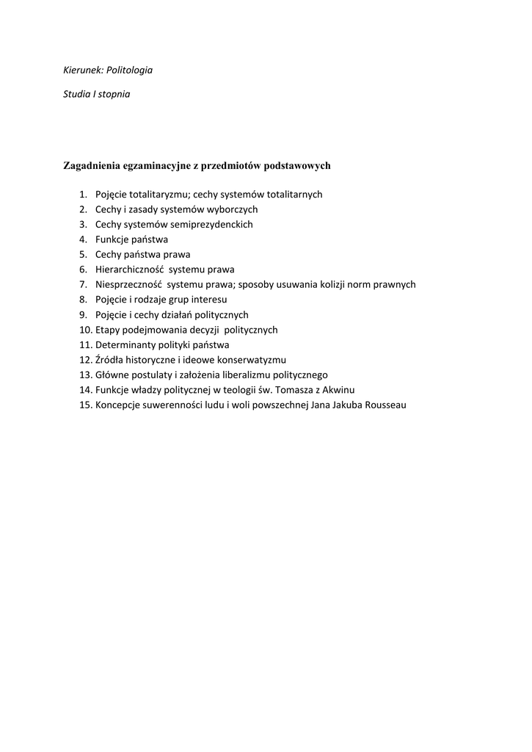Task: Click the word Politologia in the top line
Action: [129, 70]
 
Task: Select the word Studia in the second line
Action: [76, 95]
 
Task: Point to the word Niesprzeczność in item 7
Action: [128, 285]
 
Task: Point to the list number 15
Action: [84, 405]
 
